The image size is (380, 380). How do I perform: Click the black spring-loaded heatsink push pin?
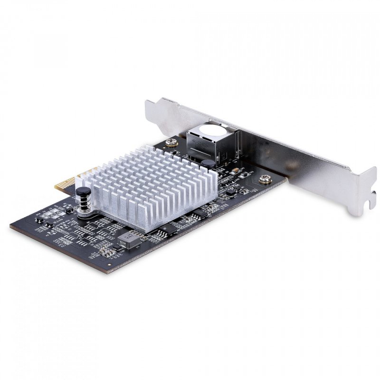click(83, 192)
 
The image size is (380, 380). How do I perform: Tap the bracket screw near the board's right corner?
click(265, 179)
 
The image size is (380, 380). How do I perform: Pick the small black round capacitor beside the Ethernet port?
click(207, 164)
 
